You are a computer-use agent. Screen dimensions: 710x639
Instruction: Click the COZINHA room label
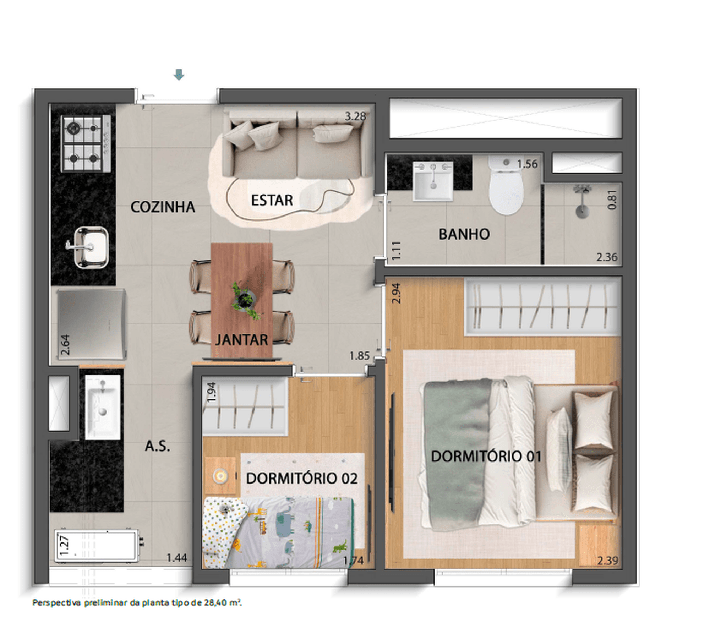[163, 207]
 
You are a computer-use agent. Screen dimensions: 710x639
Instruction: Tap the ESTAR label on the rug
[272, 201]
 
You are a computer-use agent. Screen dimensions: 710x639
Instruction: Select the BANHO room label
[464, 234]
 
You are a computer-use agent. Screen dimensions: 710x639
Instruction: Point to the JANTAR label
[242, 340]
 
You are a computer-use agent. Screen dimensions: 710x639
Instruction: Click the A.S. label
[157, 446]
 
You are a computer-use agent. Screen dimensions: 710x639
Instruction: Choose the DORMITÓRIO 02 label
[302, 479]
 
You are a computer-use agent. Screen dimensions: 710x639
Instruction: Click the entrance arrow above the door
[179, 75]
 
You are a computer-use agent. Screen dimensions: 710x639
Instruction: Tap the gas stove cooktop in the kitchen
[86, 143]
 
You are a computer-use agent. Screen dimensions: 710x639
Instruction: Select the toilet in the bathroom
[506, 186]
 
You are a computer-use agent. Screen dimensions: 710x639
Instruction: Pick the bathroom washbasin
[433, 181]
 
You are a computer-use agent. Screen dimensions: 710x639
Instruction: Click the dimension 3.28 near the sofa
[355, 116]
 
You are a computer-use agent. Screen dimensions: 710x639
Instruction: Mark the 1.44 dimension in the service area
[177, 558]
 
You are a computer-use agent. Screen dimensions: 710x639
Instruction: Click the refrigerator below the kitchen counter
[92, 324]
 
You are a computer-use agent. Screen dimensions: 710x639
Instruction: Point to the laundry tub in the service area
[102, 407]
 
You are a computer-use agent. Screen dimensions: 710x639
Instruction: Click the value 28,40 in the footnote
[219, 602]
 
